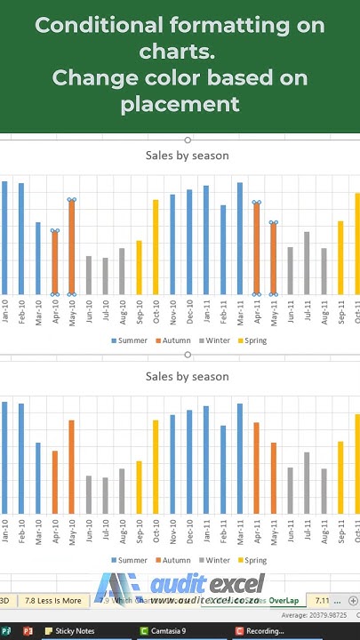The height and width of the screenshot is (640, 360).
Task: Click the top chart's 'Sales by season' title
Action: tap(187, 156)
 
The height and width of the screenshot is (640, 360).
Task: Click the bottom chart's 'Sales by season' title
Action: tap(187, 377)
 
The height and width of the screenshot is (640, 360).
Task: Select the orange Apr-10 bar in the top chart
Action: tap(54, 262)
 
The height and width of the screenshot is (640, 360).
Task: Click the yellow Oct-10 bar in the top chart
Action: tap(156, 246)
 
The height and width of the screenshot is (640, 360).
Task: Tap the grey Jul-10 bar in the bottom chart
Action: tap(105, 495)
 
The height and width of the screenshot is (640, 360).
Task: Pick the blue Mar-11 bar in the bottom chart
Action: tap(240, 458)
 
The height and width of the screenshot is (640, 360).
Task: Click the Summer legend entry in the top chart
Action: tap(129, 340)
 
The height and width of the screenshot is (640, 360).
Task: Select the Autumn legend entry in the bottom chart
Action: tap(174, 561)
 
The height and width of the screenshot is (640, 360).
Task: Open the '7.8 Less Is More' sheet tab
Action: tap(52, 601)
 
